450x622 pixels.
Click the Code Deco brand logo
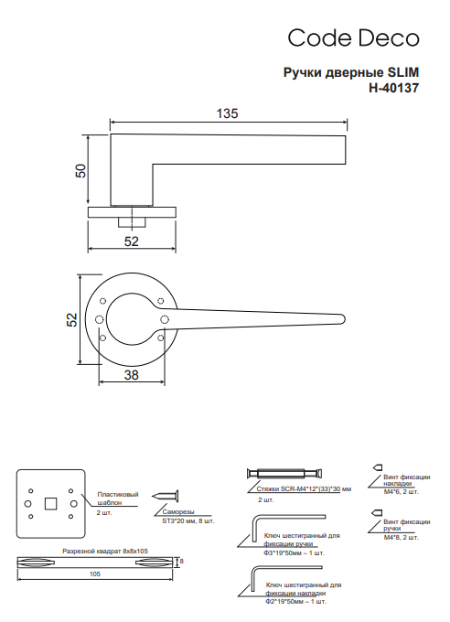(x=353, y=38)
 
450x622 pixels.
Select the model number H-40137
(x=393, y=88)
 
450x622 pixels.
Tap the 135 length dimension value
(x=228, y=113)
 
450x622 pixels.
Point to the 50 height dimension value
(x=80, y=170)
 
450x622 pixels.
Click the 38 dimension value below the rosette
(x=132, y=375)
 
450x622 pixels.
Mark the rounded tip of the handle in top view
(x=342, y=319)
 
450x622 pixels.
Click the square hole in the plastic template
(x=50, y=503)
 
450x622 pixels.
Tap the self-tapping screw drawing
(x=165, y=496)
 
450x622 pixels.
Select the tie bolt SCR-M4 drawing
(x=284, y=474)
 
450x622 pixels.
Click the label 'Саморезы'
(x=178, y=512)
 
